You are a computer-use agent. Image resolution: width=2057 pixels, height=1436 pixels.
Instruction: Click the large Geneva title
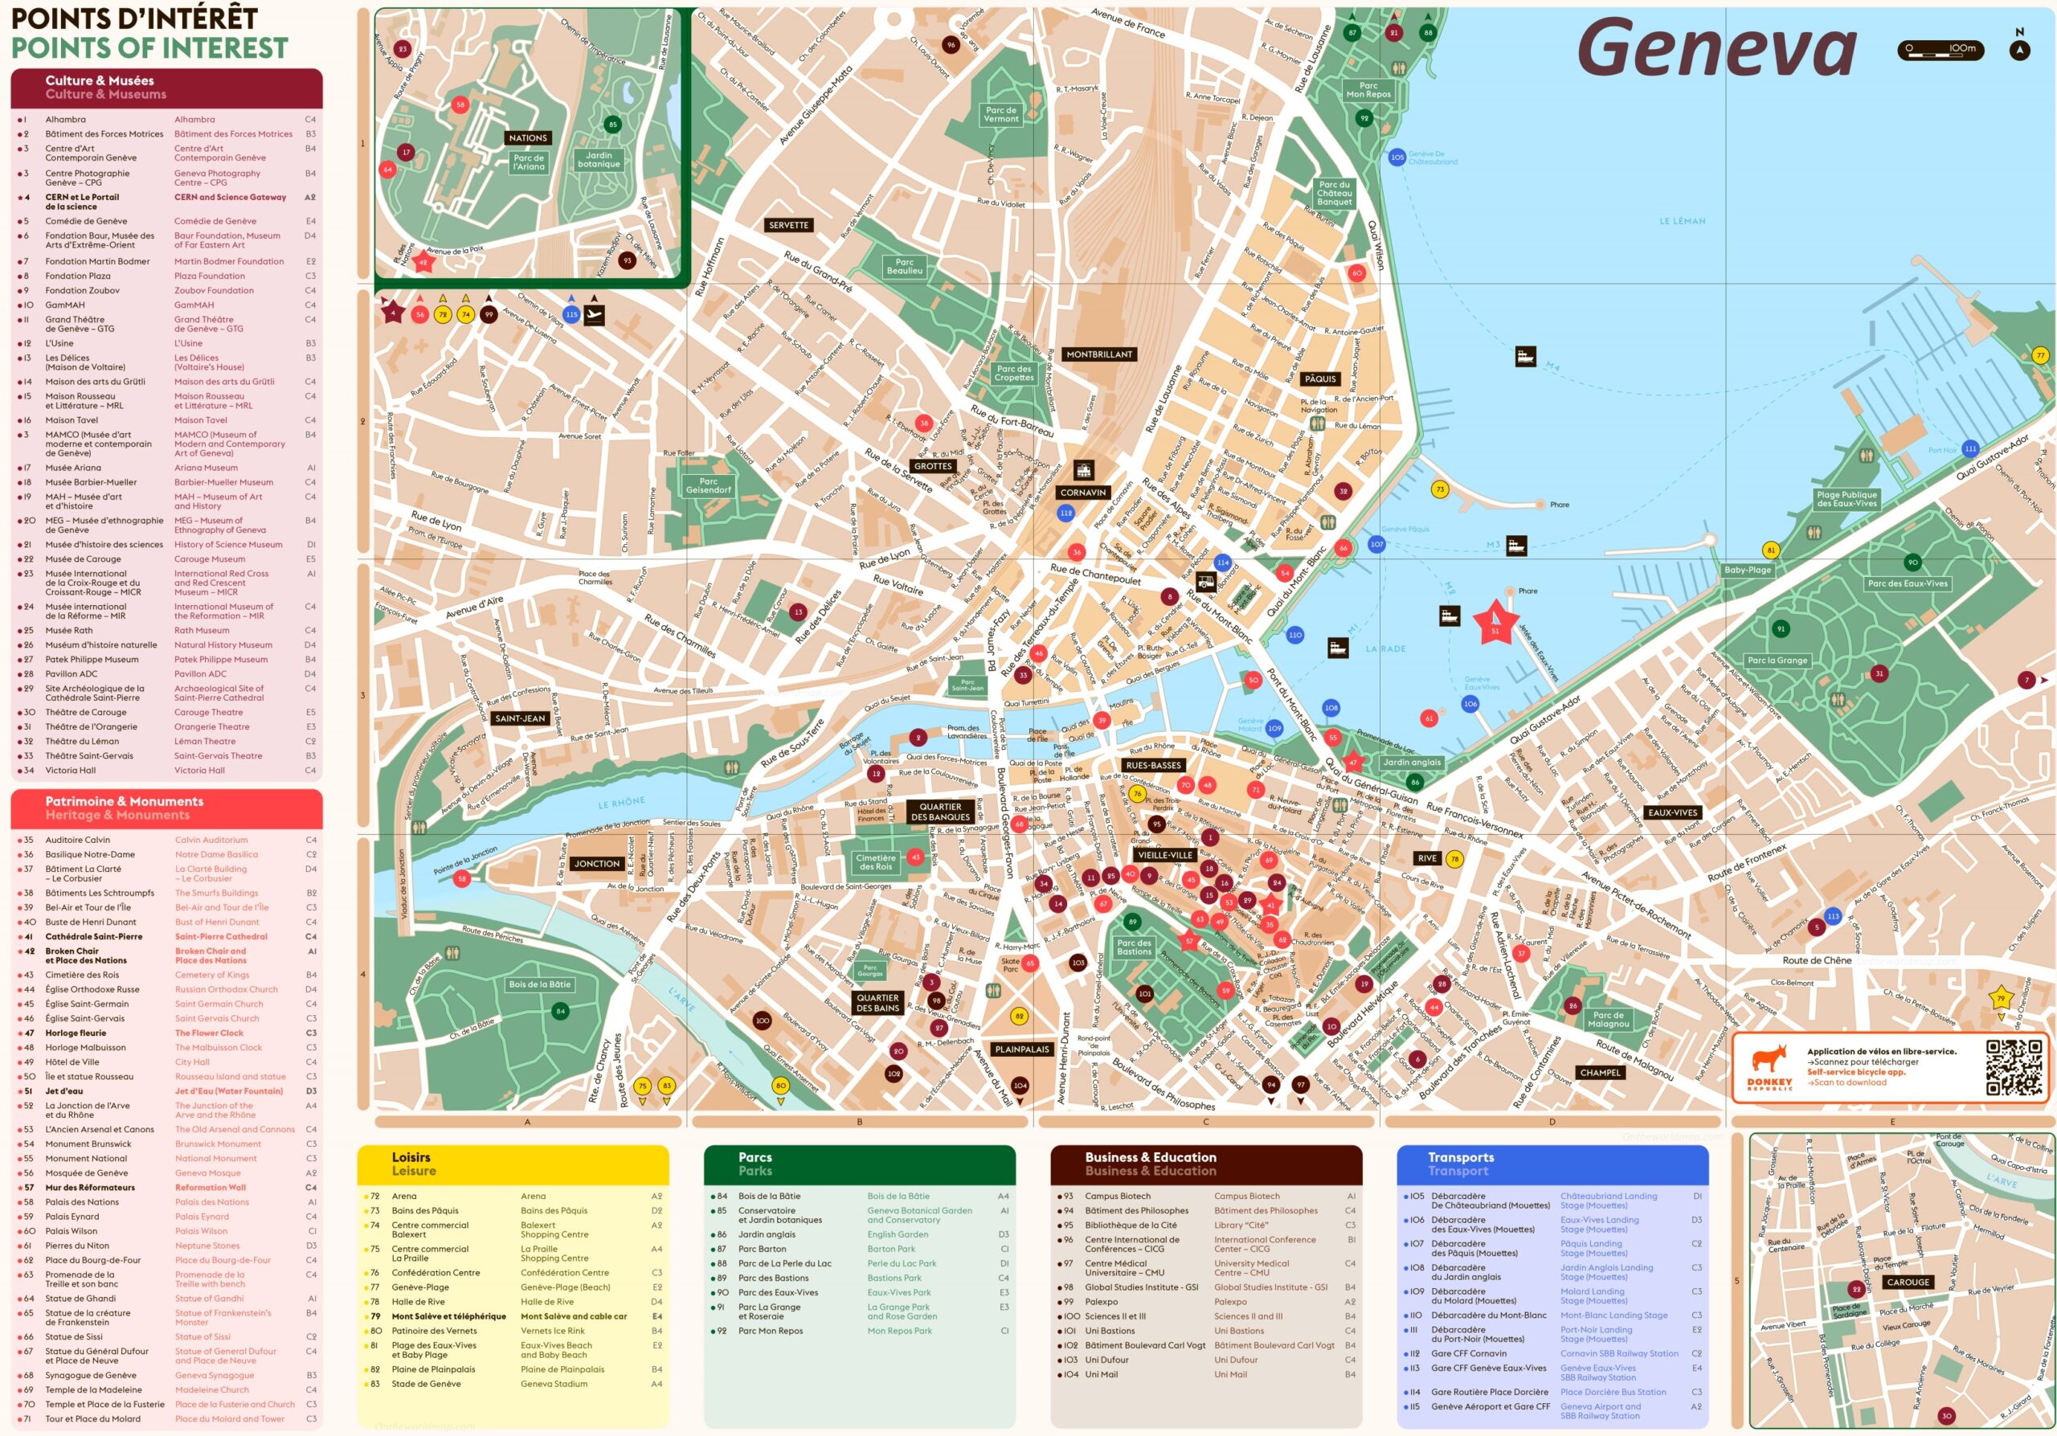1716,48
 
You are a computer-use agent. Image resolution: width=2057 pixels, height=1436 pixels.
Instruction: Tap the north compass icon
2019,49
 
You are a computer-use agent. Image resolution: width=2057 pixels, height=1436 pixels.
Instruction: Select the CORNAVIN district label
1082,493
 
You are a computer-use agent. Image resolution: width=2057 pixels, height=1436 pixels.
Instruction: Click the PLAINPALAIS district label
1021,1049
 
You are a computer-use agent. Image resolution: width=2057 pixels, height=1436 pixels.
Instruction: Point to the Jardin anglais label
1412,763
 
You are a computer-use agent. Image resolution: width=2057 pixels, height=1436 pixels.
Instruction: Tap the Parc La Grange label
1777,661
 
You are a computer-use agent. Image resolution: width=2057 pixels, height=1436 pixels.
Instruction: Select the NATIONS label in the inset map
528,138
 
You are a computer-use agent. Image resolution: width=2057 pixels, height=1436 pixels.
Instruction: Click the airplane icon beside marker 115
594,314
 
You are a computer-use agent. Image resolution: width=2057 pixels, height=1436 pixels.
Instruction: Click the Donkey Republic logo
1769,1066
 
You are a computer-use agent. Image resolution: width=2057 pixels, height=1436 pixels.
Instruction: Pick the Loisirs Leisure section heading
413,1164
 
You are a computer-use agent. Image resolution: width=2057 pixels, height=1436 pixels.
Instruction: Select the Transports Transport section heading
1459,1164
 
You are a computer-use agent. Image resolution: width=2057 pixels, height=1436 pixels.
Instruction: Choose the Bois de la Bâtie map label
539,984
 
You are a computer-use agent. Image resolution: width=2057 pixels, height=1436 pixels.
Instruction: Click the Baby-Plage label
1747,570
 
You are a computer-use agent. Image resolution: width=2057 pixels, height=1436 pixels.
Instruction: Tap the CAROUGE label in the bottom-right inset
1908,1282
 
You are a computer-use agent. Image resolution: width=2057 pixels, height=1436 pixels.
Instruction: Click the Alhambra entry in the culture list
65,119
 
